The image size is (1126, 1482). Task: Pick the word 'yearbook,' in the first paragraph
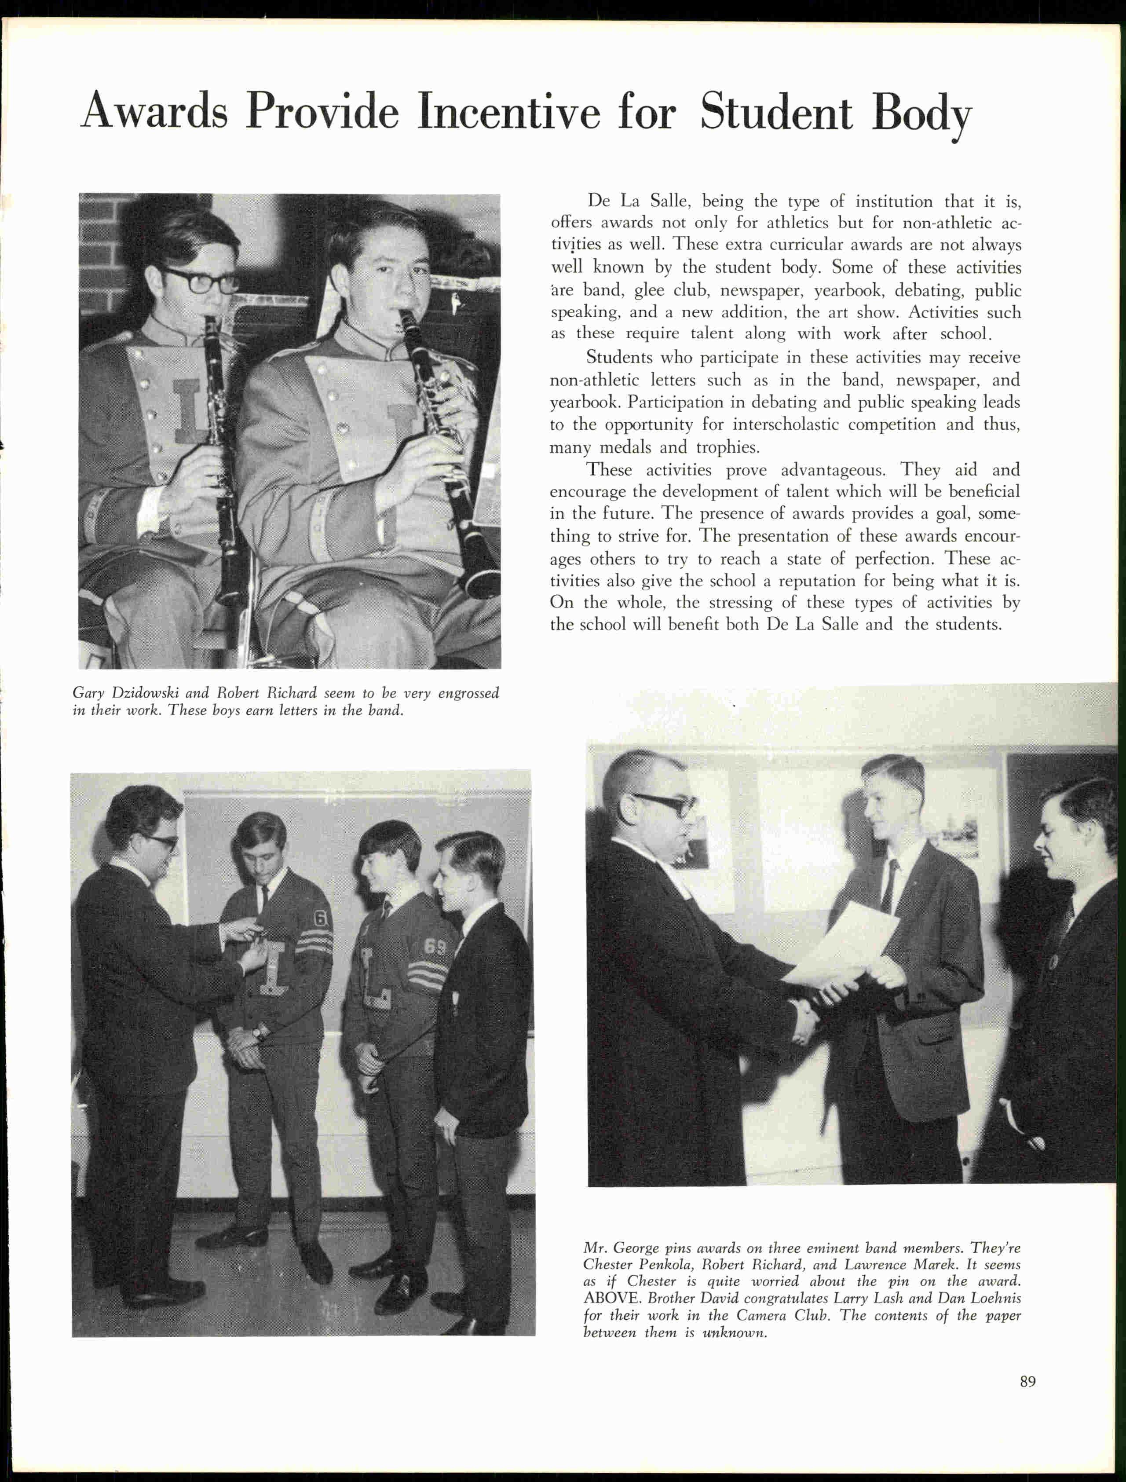pos(849,290)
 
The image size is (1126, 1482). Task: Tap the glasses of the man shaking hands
pos(665,804)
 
